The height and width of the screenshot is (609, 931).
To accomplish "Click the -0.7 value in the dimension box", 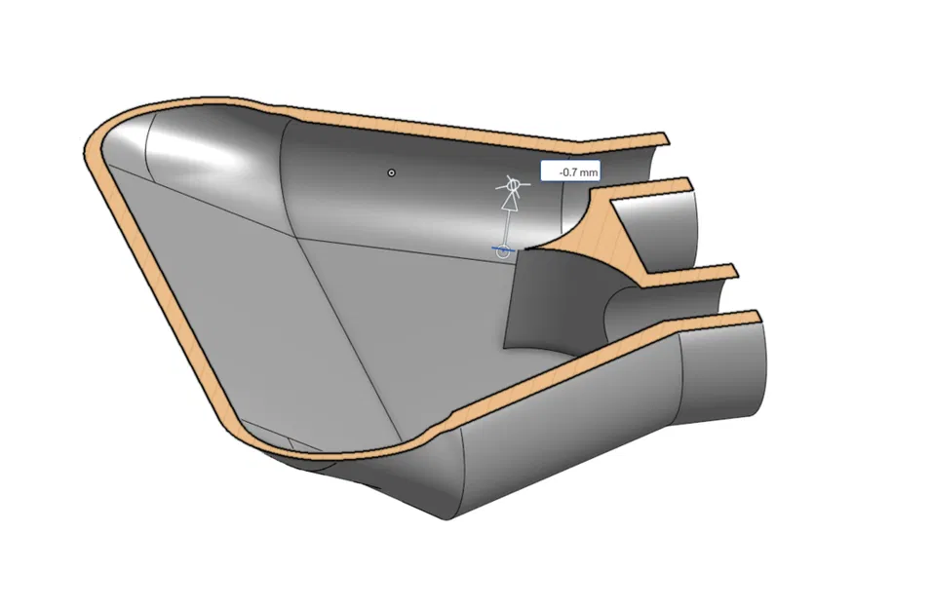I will click(x=564, y=172).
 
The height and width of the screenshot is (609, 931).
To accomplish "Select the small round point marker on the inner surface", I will click(x=392, y=172).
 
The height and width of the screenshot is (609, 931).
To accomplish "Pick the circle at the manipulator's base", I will click(x=503, y=250).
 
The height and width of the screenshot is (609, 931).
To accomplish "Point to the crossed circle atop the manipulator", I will click(x=508, y=184).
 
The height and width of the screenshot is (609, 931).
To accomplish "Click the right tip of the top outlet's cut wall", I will click(x=686, y=183).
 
